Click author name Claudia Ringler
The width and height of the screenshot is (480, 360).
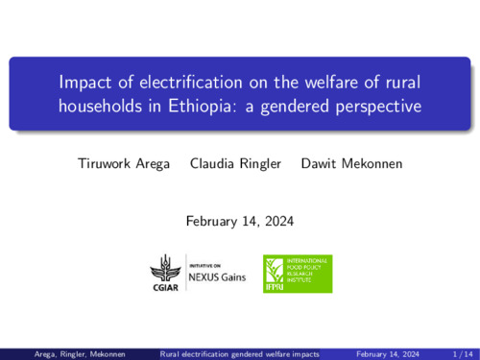235,163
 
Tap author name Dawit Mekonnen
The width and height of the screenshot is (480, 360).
351,163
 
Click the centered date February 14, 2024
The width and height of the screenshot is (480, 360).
239,221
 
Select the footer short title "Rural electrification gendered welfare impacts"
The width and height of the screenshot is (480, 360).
240,353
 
